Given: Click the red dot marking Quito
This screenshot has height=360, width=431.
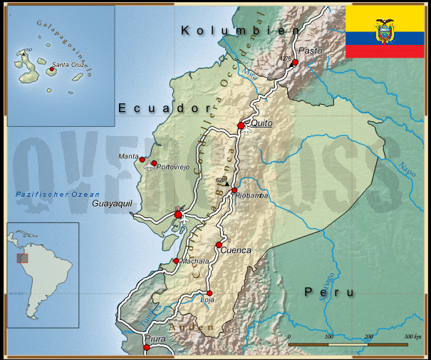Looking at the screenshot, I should (241, 125).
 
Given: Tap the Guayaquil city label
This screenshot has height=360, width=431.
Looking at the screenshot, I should (113, 203).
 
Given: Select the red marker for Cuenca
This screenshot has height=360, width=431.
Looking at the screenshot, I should (219, 245).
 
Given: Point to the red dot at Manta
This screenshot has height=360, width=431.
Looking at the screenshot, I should (142, 160).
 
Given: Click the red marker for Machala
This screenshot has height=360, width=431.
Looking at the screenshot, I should (177, 261).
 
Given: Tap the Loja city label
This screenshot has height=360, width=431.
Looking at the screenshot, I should (208, 300).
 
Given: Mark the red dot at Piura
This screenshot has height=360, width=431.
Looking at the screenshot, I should (147, 348).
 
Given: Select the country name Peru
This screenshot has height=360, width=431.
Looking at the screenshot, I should (328, 292).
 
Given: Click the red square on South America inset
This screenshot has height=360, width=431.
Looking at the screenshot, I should (23, 257).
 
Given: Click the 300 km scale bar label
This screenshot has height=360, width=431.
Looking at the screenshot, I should (412, 336).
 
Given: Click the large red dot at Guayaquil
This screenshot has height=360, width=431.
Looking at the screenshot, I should (178, 215).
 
